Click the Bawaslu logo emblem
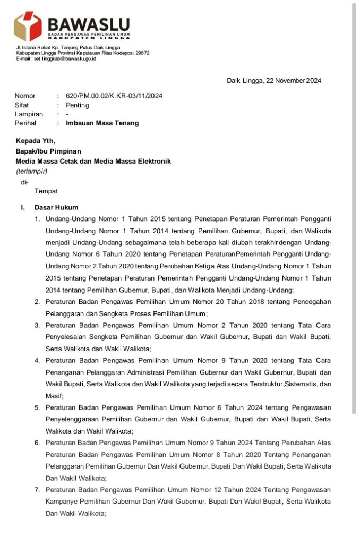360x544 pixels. click(x=27, y=27)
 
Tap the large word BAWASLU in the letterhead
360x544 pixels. click(x=89, y=23)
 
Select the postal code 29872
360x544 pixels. click(x=142, y=53)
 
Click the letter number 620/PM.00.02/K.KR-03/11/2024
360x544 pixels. click(x=114, y=96)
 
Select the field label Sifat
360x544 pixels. click(x=22, y=105)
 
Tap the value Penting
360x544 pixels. click(x=78, y=105)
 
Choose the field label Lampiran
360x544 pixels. click(x=29, y=114)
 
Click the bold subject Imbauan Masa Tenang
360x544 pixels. click(x=102, y=123)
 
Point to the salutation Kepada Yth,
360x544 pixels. click(x=36, y=141)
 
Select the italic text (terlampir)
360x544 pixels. click(x=31, y=171)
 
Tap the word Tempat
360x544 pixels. click(x=46, y=191)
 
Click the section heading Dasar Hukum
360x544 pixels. click(x=56, y=208)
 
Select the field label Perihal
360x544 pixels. click(x=25, y=123)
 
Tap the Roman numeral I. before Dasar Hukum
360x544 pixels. click(x=23, y=208)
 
